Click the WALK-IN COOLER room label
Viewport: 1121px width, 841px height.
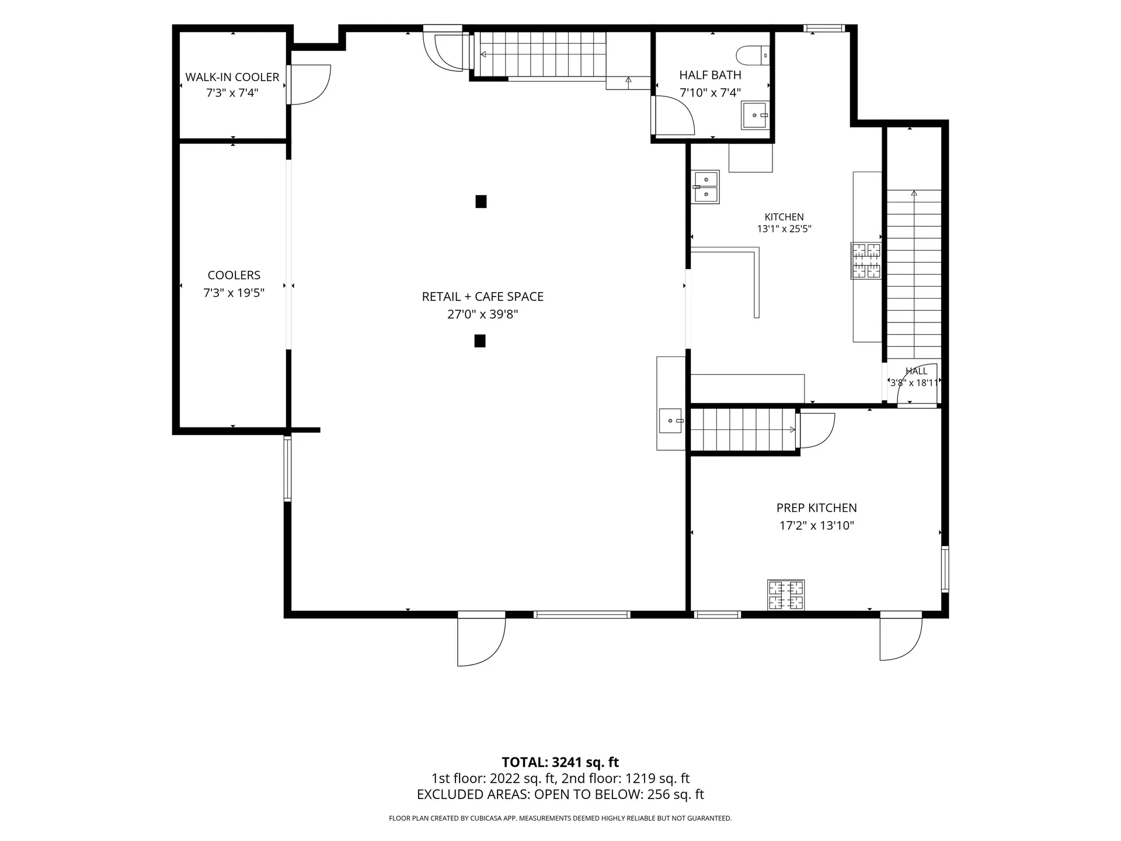232,77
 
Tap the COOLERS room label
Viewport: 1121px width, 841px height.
234,275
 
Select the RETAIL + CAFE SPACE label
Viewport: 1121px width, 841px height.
483,297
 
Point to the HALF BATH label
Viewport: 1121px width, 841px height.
710,75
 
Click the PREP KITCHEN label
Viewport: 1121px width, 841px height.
817,508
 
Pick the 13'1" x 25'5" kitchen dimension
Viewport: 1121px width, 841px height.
784,229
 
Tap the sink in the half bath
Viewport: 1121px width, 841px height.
756,115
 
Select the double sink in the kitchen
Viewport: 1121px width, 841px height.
706,187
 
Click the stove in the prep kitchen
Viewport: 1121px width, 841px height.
786,595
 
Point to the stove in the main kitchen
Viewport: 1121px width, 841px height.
866,260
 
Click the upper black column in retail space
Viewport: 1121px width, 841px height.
481,201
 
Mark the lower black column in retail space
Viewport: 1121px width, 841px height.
480,340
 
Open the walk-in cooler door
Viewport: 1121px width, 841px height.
309,85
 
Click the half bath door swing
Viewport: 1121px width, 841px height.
673,116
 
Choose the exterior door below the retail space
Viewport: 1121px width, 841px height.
481,639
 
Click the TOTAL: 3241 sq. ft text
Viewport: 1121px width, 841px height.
560,762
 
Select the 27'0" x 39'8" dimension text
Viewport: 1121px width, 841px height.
483,314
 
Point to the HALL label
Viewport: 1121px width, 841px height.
916,371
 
